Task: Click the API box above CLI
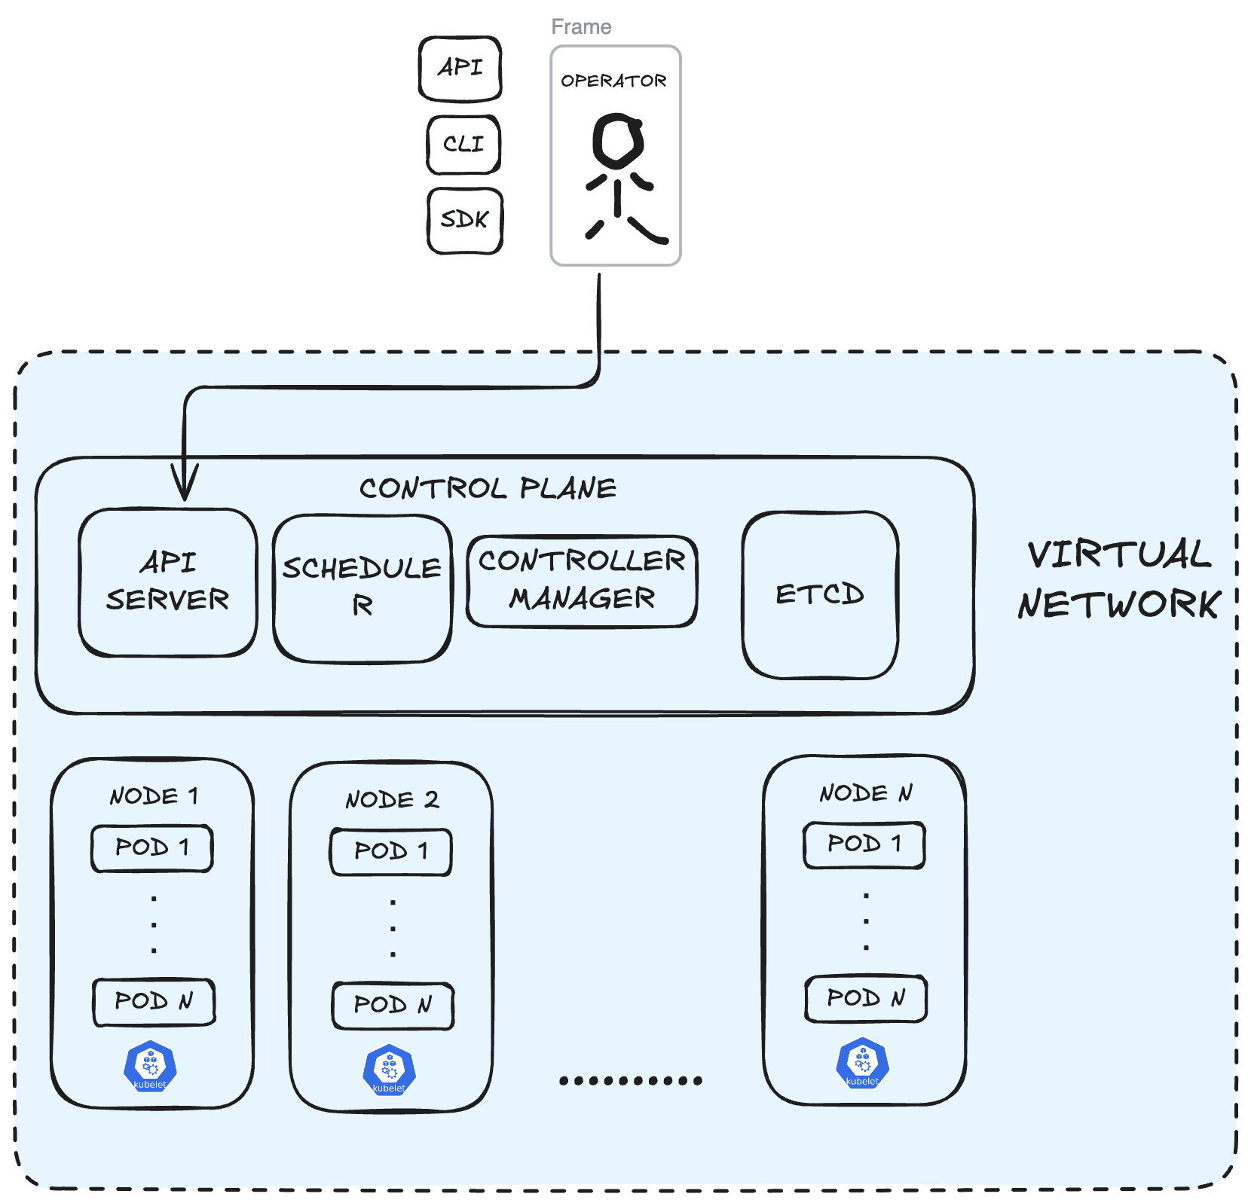pyautogui.click(x=460, y=69)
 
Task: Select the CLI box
pyautogui.click(x=463, y=144)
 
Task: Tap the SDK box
pyautogui.click(x=464, y=220)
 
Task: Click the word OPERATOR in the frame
pyautogui.click(x=613, y=81)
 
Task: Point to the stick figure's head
pyautogui.click(x=618, y=140)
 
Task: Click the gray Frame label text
pyautogui.click(x=580, y=27)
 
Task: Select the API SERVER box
pyautogui.click(x=167, y=582)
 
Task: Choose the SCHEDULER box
pyautogui.click(x=362, y=588)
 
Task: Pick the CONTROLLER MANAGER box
pyautogui.click(x=581, y=580)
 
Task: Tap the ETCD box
pyautogui.click(x=820, y=594)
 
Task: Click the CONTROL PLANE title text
pyautogui.click(x=488, y=488)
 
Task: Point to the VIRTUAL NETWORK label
pyautogui.click(x=1119, y=579)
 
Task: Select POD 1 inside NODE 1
pyautogui.click(x=152, y=848)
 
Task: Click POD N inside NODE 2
pyautogui.click(x=393, y=1005)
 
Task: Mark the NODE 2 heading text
pyautogui.click(x=392, y=799)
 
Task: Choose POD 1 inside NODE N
pyautogui.click(x=864, y=844)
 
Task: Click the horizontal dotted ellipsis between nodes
pyautogui.click(x=631, y=1080)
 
